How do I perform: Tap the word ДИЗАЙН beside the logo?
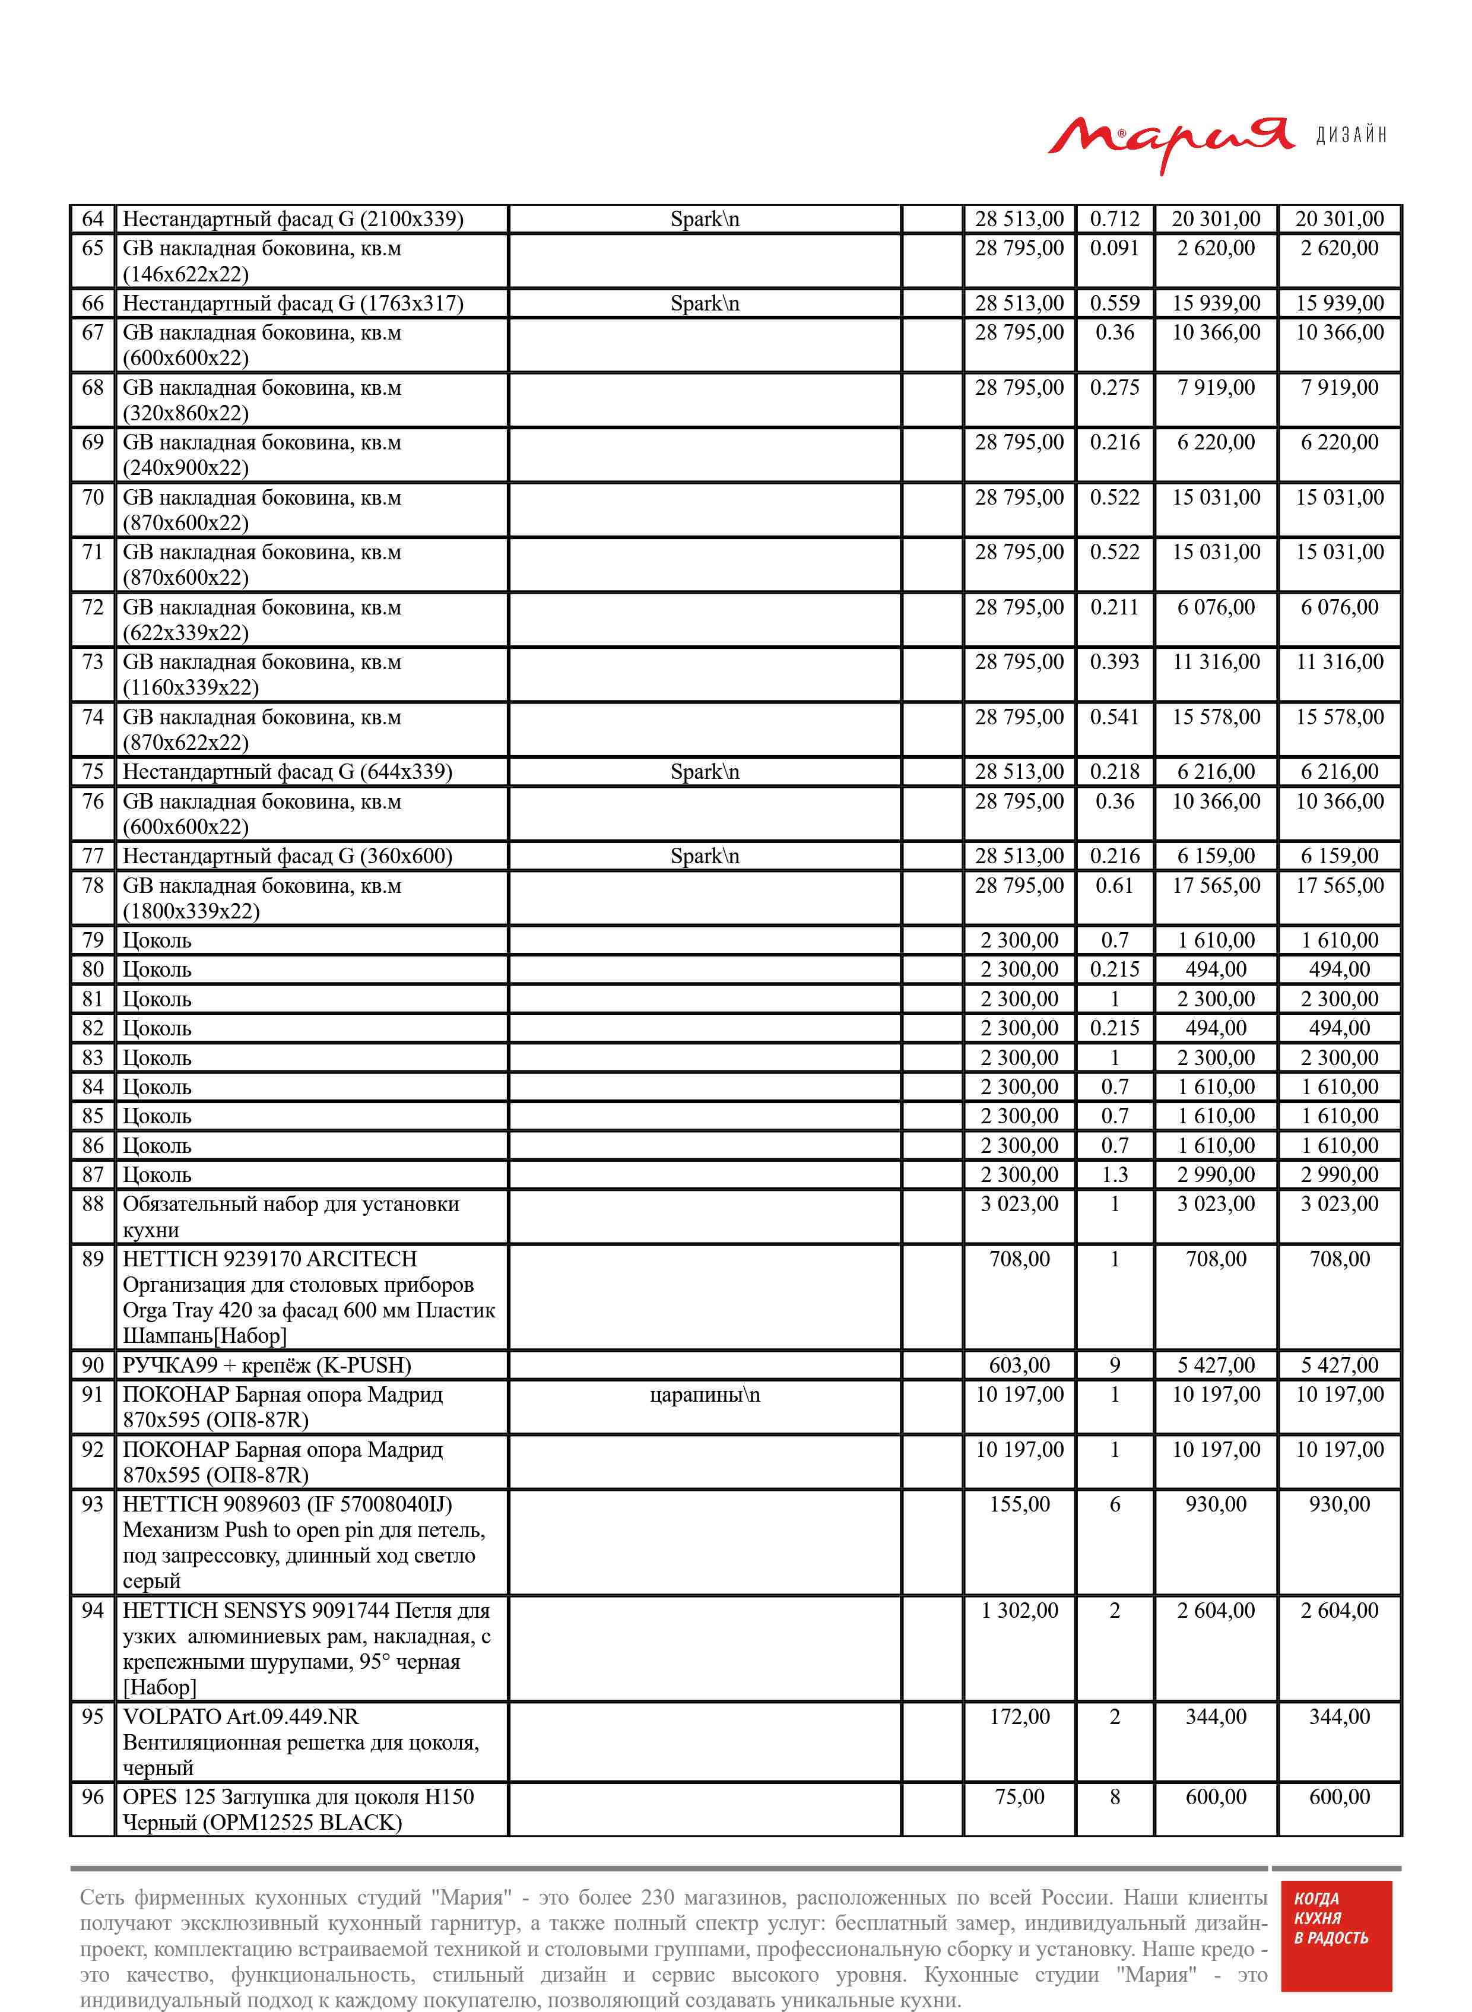point(1351,135)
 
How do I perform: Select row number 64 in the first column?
point(93,219)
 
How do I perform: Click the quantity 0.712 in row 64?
point(1114,219)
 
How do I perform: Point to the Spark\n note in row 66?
point(704,304)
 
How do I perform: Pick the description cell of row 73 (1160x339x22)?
point(262,674)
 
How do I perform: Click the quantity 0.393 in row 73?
point(1114,662)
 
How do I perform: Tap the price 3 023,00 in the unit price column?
point(1019,1204)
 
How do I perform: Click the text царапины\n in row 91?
point(704,1395)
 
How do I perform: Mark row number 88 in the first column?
point(93,1204)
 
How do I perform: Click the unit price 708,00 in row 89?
point(1019,1259)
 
